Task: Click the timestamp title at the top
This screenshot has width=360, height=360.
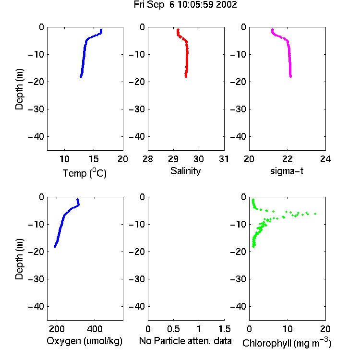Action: pos(185,5)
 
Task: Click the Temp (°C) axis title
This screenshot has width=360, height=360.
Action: pos(84,173)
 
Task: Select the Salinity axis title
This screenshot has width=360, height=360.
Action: pos(185,171)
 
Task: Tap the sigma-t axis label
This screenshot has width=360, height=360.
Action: pos(287,171)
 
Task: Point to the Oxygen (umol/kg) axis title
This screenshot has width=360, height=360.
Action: pos(84,341)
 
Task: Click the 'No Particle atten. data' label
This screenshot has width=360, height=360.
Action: pos(185,341)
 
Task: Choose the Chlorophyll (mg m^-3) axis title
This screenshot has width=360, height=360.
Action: pos(287,343)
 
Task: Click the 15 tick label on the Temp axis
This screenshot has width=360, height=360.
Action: pos(94,159)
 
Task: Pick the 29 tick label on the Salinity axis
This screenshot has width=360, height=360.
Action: pos(173,159)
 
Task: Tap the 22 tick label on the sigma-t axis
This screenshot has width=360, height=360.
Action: pos(287,159)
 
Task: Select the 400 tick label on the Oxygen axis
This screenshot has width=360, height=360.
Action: pos(95,329)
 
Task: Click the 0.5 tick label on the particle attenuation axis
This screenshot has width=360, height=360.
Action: pos(173,329)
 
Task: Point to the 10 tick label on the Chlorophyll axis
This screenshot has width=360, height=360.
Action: pos(288,329)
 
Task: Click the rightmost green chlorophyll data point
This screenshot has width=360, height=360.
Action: pos(315,214)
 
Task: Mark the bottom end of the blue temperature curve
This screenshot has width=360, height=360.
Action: pos(81,77)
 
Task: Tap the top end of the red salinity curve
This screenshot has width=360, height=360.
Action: pos(178,30)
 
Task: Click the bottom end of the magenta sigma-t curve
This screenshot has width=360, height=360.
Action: pos(291,77)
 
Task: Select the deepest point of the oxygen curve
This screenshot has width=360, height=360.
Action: pos(55,247)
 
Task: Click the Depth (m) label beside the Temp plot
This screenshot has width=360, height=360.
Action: pos(19,89)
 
